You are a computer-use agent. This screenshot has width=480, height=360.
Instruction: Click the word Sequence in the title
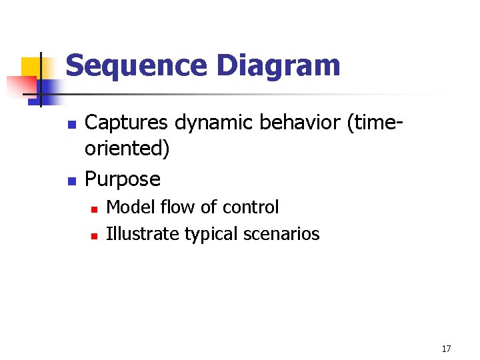pos(137,67)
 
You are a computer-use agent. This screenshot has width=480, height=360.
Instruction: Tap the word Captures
pos(127,123)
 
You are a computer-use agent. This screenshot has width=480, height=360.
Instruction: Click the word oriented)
pos(127,149)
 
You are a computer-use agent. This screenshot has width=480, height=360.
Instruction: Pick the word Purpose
pos(123,179)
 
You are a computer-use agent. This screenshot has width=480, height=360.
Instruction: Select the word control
pos(251,207)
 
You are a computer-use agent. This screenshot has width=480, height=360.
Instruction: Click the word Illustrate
pos(142,234)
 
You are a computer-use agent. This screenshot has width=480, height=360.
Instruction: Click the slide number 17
pos(446,349)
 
